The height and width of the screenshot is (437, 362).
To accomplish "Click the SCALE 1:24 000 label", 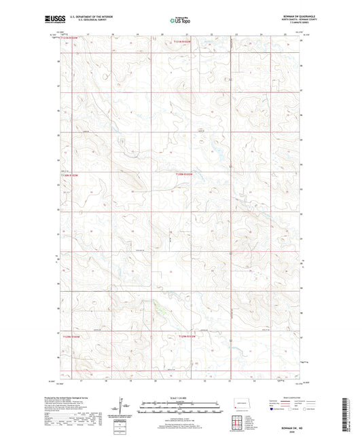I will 180,398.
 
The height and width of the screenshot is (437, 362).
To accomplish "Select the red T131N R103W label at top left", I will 71,39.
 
